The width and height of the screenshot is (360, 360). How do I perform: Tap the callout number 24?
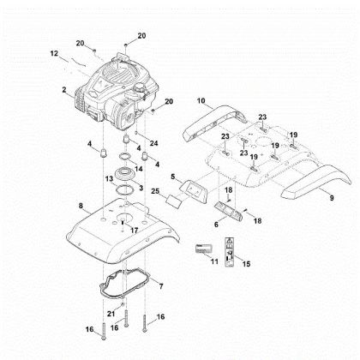point(154,141)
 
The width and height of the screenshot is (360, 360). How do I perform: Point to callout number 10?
point(201,101)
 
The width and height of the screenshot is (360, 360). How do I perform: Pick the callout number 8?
point(81,207)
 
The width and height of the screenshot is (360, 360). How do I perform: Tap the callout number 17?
point(133,231)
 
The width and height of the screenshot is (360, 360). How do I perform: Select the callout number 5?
point(174,177)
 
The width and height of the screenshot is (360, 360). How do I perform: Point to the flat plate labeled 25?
point(175,201)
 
